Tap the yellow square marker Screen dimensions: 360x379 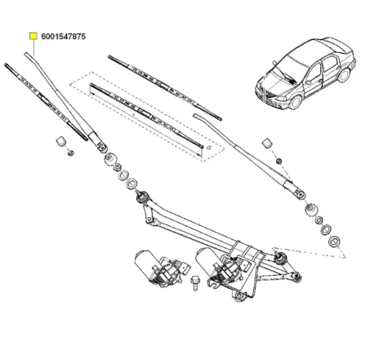coord(33,37)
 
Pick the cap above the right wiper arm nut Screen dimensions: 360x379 coord(266,144)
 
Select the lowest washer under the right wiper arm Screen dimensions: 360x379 coord(335,241)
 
